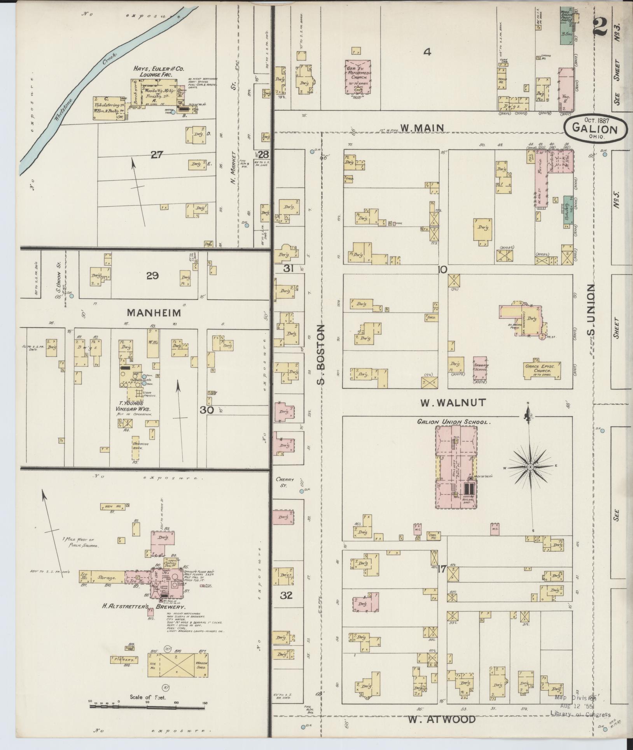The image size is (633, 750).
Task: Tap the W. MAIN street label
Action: point(423,128)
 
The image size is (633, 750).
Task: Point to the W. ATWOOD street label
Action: point(442,720)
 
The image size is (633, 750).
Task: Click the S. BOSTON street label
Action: point(321,355)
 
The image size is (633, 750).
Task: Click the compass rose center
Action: point(530,467)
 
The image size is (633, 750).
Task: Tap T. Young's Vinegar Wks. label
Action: point(133,406)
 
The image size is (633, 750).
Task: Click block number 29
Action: point(152,276)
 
